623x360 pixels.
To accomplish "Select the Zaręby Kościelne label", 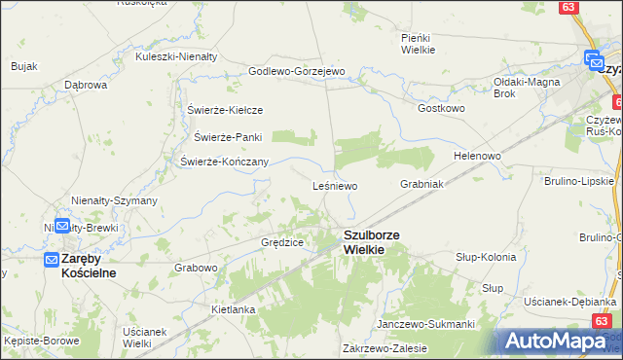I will point(89,266).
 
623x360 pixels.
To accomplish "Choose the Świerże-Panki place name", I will point(229,136).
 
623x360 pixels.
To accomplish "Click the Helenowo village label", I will point(477,156).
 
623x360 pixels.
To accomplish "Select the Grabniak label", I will point(421,183).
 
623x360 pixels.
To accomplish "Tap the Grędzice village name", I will point(282,241).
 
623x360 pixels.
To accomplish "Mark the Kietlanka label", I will point(233,309).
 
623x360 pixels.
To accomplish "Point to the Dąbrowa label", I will point(86,85).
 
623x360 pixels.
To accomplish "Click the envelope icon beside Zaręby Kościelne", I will point(53,260).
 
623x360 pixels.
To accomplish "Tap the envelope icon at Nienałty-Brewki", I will point(61,226).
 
